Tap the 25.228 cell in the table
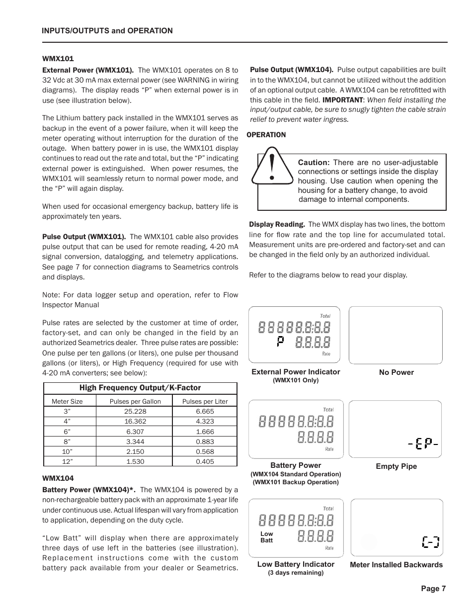click(x=135, y=411)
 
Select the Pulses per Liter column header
click(x=205, y=401)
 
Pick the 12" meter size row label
click(x=67, y=461)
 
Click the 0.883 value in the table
click(x=205, y=441)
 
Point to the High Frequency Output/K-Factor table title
click(x=140, y=388)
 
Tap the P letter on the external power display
click(x=281, y=342)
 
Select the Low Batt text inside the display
click(x=267, y=537)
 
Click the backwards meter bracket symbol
click(x=431, y=541)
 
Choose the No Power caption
click(x=396, y=372)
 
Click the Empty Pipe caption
click(x=396, y=466)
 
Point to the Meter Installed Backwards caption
click(x=396, y=565)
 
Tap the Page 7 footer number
click(x=433, y=589)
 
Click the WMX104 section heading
click(x=58, y=478)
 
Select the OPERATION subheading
click(x=267, y=135)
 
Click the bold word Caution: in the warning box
click(x=314, y=163)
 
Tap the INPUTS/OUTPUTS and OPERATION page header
click(x=107, y=31)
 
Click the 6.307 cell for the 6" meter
click(x=135, y=432)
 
